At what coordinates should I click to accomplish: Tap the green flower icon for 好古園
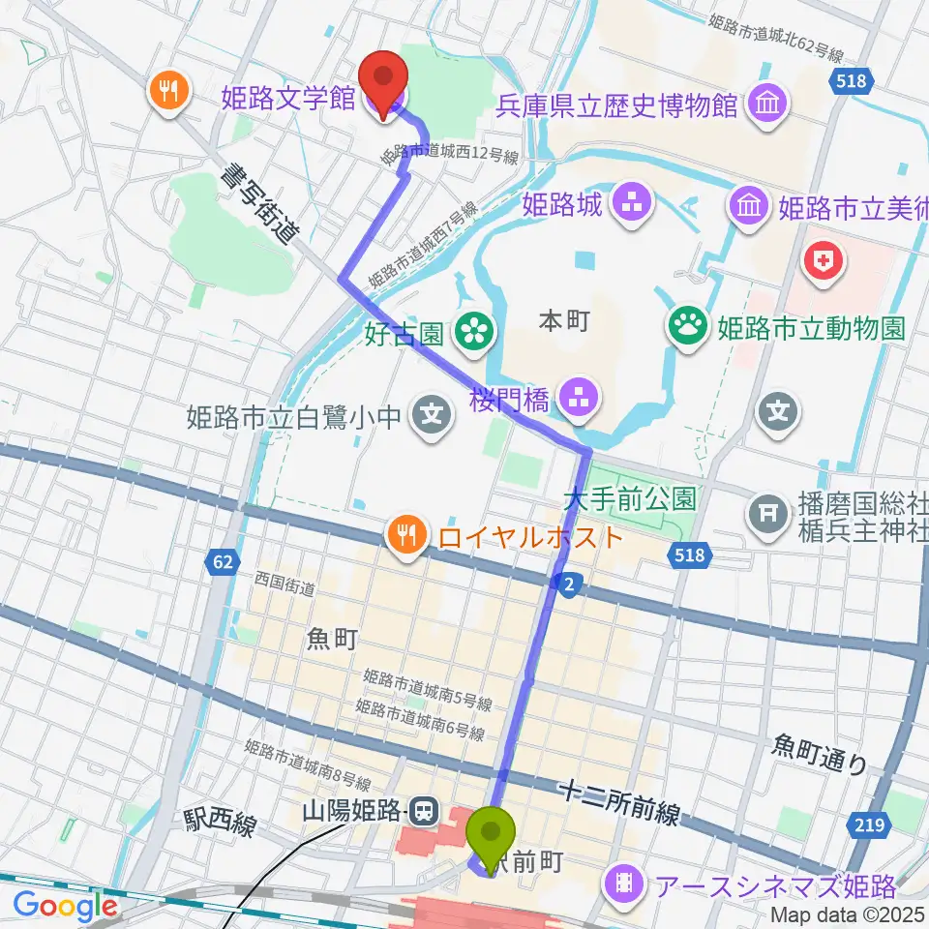point(475,334)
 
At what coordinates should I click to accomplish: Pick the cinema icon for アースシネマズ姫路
point(624,883)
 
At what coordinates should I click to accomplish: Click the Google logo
point(65,906)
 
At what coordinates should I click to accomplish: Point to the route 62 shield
point(223,561)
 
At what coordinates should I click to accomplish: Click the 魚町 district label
point(331,638)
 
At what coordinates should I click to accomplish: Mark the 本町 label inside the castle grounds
point(563,320)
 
